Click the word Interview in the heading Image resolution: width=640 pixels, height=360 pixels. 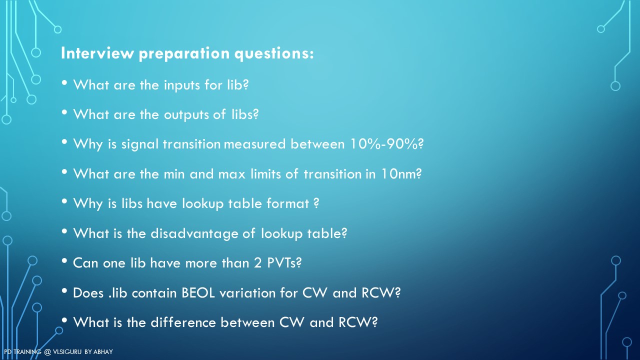97,53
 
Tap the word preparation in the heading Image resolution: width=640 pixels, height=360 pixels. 184,54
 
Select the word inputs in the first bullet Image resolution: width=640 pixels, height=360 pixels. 181,85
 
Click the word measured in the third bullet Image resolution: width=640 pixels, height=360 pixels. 254,143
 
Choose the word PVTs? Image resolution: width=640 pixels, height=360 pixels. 284,263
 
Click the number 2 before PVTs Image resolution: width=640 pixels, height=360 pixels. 257,263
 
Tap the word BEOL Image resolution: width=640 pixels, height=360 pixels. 198,293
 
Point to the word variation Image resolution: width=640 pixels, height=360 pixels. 247,293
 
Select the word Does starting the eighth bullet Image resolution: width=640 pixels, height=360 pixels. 88,293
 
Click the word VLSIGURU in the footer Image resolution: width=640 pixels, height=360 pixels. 67,351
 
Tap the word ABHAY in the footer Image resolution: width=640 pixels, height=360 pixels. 103,351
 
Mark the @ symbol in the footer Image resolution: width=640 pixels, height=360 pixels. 47,352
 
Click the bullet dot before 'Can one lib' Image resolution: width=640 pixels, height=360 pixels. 64,261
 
